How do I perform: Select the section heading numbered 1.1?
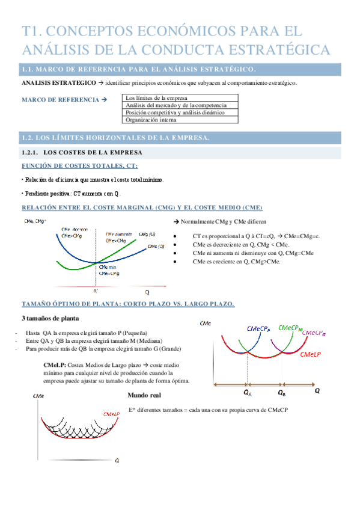(139, 69)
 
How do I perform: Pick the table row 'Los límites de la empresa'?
(155, 97)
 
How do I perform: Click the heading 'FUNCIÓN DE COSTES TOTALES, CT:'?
(79, 165)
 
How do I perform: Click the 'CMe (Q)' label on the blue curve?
(154, 247)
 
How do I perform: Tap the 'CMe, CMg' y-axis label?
(34, 222)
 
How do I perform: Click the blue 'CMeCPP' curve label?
(259, 329)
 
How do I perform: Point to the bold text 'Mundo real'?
(144, 395)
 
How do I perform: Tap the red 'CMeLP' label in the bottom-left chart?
(111, 414)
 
